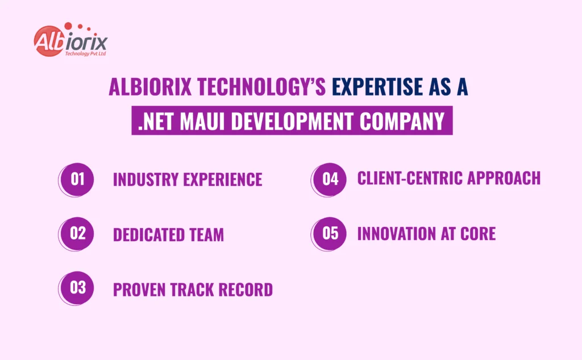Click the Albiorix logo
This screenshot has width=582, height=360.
70,41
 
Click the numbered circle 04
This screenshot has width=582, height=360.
330,179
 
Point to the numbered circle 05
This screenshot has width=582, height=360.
330,233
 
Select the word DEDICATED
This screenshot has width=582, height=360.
149,234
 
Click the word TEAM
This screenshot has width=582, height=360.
206,234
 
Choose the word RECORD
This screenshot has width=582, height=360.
245,289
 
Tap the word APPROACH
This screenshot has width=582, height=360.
508,178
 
